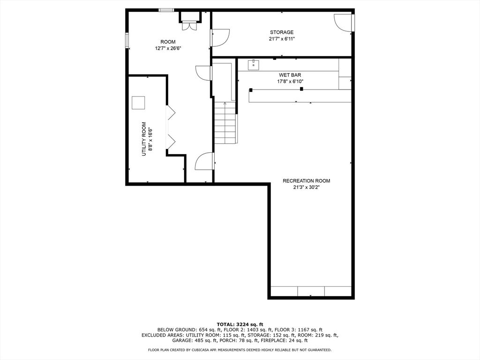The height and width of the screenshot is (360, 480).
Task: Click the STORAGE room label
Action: click(x=282, y=32)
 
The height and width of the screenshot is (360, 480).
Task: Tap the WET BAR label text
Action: click(x=290, y=75)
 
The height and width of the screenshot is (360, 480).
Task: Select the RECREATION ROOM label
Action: click(x=307, y=181)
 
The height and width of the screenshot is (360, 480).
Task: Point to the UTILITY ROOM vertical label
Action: click(x=144, y=139)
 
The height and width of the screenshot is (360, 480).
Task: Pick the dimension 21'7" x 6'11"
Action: click(x=282, y=39)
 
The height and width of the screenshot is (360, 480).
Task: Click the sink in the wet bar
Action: click(x=254, y=65)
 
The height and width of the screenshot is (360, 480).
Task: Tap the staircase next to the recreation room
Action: click(x=225, y=123)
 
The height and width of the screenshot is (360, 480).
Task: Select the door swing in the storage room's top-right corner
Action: click(x=343, y=22)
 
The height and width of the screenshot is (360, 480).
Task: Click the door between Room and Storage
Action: click(x=220, y=37)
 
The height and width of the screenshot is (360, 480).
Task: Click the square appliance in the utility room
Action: click(x=138, y=103)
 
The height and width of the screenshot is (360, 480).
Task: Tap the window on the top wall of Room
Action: click(x=166, y=10)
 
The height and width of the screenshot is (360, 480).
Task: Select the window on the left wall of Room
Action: click(x=127, y=40)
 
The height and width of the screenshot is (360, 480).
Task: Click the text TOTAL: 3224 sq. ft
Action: click(x=240, y=324)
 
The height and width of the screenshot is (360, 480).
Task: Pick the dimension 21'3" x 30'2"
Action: click(x=307, y=187)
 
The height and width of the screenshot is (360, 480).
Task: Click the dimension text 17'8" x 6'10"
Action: click(x=290, y=82)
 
